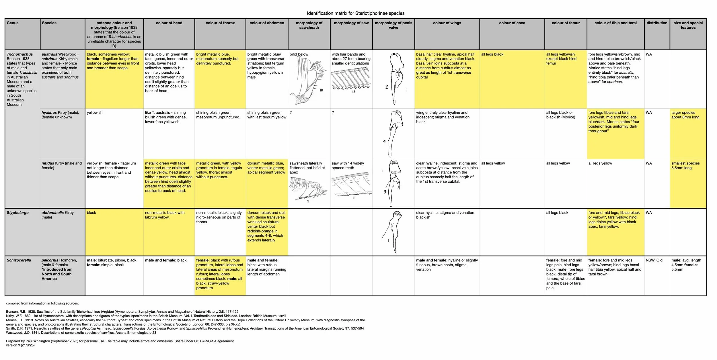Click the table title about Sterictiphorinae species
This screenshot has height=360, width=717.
(x=356, y=13)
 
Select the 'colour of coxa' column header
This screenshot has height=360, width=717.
(x=512, y=23)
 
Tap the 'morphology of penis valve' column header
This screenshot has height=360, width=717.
(x=393, y=25)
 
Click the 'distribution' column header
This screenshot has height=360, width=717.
(x=657, y=23)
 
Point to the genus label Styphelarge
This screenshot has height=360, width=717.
(x=17, y=213)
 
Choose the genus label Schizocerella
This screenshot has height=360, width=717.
(x=19, y=260)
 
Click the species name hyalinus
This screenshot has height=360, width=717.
(x=49, y=113)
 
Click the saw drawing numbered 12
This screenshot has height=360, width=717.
(x=350, y=79)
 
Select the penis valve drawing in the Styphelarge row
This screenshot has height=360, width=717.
(x=392, y=231)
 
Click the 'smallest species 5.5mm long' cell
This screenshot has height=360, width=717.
(x=685, y=165)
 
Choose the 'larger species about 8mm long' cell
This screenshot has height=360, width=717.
(x=685, y=115)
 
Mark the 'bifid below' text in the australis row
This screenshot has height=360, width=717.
(x=299, y=54)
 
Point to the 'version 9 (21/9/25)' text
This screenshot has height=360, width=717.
(x=20, y=345)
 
